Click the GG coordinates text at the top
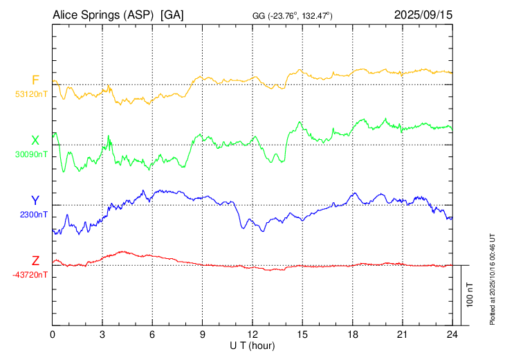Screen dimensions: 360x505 pyautogui.click(x=293, y=15)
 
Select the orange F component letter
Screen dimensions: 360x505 pyautogui.click(x=35, y=80)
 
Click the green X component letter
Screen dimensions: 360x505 pyautogui.click(x=35, y=140)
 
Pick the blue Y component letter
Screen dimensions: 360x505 pyautogui.click(x=35, y=200)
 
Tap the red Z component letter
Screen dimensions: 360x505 pyautogui.click(x=35, y=260)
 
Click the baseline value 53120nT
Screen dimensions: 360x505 pyautogui.click(x=31, y=94)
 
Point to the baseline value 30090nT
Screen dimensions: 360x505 pyautogui.click(x=31, y=154)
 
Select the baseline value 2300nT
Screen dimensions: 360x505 pyautogui.click(x=34, y=215)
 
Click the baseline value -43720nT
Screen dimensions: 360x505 pyautogui.click(x=30, y=275)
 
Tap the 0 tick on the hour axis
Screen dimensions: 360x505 pyautogui.click(x=53, y=334)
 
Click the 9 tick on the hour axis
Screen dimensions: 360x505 pyautogui.click(x=203, y=334)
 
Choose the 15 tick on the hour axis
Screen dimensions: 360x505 pyautogui.click(x=302, y=334)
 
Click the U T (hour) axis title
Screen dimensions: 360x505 pyautogui.click(x=252, y=345)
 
